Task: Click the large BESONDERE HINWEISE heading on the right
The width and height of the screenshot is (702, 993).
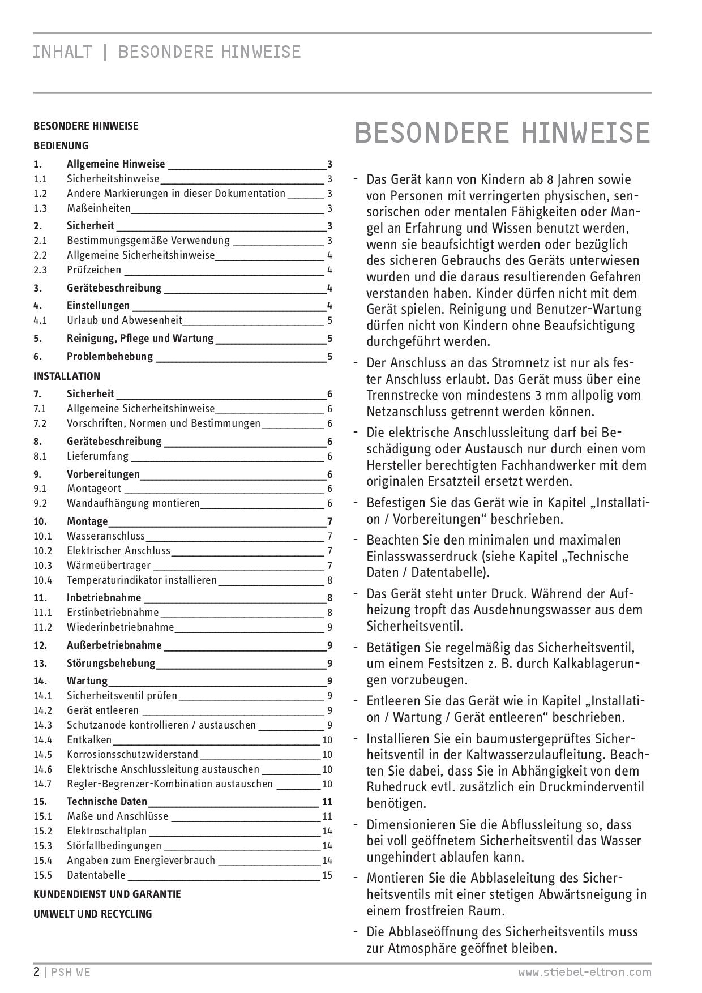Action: point(502,132)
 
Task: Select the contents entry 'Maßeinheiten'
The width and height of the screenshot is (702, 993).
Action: point(99,208)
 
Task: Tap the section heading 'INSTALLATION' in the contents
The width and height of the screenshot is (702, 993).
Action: point(67,376)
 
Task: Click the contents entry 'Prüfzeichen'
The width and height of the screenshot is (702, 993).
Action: point(94,270)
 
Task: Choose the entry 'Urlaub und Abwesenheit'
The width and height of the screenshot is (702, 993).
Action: point(125,320)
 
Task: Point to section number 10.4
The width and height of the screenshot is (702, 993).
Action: point(42,580)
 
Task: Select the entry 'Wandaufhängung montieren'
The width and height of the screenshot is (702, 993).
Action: point(133,503)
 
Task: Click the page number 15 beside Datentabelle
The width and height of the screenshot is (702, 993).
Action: point(327,875)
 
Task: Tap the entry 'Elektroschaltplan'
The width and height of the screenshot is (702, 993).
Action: point(106,831)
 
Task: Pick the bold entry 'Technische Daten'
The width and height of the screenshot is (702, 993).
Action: point(107,802)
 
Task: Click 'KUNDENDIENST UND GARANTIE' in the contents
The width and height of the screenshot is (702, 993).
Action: point(107,894)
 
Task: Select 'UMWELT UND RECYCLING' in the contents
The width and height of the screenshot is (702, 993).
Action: point(93,914)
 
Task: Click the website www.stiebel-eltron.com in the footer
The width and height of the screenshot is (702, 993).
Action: point(585,973)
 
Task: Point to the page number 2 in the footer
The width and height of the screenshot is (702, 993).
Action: point(37,973)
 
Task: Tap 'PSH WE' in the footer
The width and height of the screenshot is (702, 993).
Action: point(71,973)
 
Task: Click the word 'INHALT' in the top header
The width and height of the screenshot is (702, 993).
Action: point(62,52)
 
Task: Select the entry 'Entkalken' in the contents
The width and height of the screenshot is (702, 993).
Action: point(89,740)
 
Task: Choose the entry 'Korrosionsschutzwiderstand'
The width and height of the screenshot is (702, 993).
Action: point(132,755)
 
